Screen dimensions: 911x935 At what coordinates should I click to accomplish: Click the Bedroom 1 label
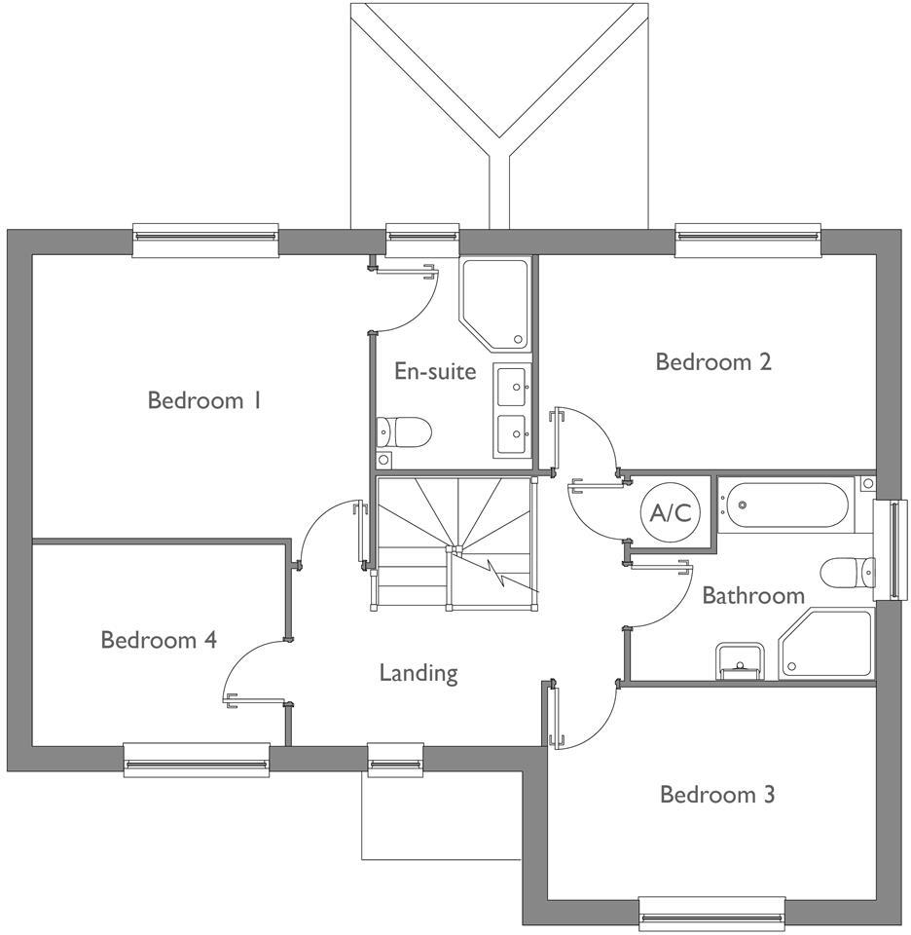[x=204, y=400]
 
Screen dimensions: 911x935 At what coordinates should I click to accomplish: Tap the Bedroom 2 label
[x=713, y=362]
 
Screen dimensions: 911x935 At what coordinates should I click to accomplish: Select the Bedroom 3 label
[x=717, y=795]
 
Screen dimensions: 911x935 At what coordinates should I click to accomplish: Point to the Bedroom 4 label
[x=159, y=640]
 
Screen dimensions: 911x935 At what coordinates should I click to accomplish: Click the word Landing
[x=419, y=672]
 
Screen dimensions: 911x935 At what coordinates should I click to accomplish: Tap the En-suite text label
[x=435, y=371]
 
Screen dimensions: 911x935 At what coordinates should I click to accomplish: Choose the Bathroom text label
[x=753, y=595]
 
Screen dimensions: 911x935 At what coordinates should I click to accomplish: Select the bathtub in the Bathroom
[x=783, y=505]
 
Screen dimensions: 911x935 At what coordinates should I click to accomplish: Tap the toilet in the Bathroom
[x=843, y=573]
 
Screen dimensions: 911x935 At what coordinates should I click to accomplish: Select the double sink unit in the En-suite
[x=513, y=410]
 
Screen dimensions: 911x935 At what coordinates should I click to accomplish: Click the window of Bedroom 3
[x=711, y=913]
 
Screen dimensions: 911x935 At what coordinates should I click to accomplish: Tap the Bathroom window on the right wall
[x=890, y=550]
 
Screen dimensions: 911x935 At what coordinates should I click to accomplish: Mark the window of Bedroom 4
[x=196, y=759]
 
